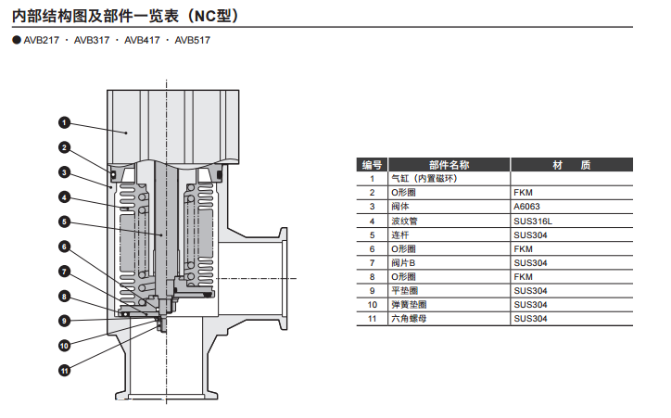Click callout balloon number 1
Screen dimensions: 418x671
(x=65, y=122)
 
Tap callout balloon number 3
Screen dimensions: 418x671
(x=65, y=171)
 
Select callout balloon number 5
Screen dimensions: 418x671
(x=65, y=222)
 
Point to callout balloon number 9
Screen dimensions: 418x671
(x=65, y=321)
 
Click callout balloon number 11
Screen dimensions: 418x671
(x=65, y=371)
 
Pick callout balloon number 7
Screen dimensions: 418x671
(x=65, y=272)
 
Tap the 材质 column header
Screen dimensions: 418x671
(x=572, y=165)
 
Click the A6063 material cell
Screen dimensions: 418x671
(x=526, y=207)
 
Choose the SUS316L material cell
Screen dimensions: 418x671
(x=532, y=221)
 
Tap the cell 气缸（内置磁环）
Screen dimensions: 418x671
(x=424, y=179)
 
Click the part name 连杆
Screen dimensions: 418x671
(x=401, y=234)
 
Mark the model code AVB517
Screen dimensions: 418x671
(x=192, y=40)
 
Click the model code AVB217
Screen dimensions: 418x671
(x=41, y=40)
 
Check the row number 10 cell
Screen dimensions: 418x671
(x=372, y=305)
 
